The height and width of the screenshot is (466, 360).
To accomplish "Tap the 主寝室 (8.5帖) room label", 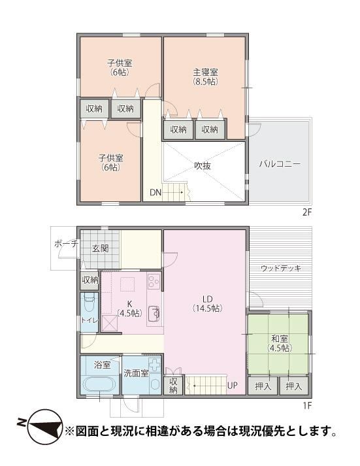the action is tap(206, 76).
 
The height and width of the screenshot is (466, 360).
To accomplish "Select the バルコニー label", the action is tap(280, 164).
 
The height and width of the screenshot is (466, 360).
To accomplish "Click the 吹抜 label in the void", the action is tap(203, 166).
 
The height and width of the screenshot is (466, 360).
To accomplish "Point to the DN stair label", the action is tap(155, 193).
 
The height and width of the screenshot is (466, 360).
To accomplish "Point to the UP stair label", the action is tap(233, 386).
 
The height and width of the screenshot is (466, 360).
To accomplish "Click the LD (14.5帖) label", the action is tap(207, 304).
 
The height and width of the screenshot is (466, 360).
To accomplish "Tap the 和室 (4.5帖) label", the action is tap(280, 343).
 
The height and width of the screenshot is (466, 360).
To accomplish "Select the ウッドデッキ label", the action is tap(281, 269).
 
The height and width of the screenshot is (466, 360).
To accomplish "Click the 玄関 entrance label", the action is tap(100, 248).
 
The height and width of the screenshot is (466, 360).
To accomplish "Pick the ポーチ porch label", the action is tap(66, 244).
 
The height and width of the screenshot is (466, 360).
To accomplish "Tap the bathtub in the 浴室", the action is tap(100, 385).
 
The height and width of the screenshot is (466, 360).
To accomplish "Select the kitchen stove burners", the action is tap(154, 281).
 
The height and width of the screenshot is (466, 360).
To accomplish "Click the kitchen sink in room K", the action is tap(154, 313).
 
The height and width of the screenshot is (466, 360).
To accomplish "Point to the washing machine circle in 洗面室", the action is tap(155, 384).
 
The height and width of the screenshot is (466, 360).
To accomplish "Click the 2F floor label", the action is tap(306, 213).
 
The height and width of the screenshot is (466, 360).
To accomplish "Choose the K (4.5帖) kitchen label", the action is tap(129, 308).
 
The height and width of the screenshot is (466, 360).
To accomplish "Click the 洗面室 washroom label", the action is tap(136, 373).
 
